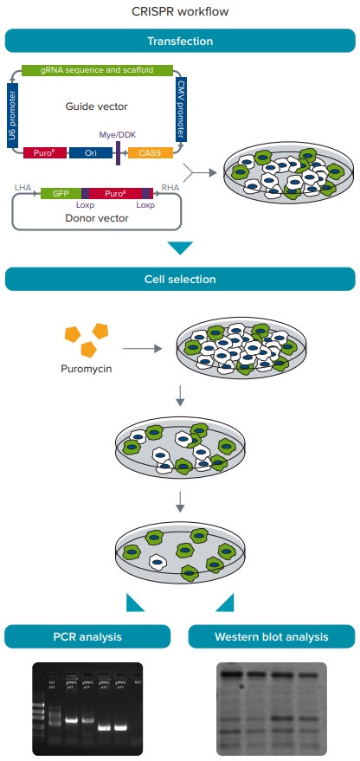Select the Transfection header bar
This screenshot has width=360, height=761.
point(179,41)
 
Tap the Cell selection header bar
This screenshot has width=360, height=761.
point(179,279)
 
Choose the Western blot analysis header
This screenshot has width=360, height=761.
point(271,637)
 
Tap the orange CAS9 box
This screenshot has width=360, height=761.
point(150,153)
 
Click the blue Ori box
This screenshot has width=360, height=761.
point(89,153)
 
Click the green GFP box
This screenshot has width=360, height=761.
point(61,193)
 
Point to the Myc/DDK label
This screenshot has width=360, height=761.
point(119,135)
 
